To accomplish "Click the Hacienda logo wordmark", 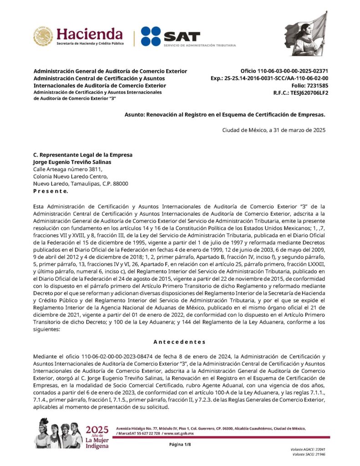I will click(89, 34).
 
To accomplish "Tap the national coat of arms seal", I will click(43, 36).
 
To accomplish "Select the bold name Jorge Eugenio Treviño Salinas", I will click(72, 162).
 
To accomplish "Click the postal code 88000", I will click(120, 184).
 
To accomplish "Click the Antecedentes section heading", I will click(179, 342).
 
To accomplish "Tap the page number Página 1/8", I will click(180, 444).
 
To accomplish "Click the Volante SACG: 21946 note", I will click(309, 454).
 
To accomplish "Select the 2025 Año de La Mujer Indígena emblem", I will click(97, 437).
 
